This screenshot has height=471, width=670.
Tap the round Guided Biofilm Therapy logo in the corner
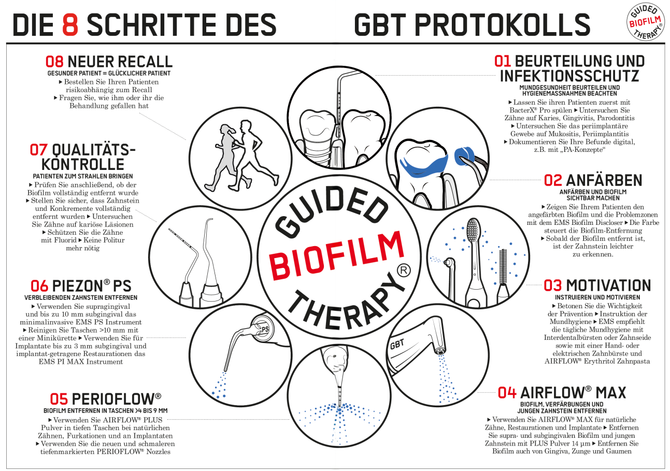[645, 23]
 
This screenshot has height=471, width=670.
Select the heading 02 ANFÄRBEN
[593, 180]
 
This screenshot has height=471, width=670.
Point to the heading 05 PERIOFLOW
[105, 398]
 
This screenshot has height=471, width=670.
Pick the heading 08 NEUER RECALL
[109, 62]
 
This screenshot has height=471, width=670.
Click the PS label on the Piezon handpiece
[266, 329]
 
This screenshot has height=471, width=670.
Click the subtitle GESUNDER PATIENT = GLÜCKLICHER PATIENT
[109, 73]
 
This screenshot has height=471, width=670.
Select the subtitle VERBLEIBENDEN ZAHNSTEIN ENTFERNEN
[81, 297]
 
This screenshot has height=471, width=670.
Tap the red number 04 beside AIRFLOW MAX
[507, 392]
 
